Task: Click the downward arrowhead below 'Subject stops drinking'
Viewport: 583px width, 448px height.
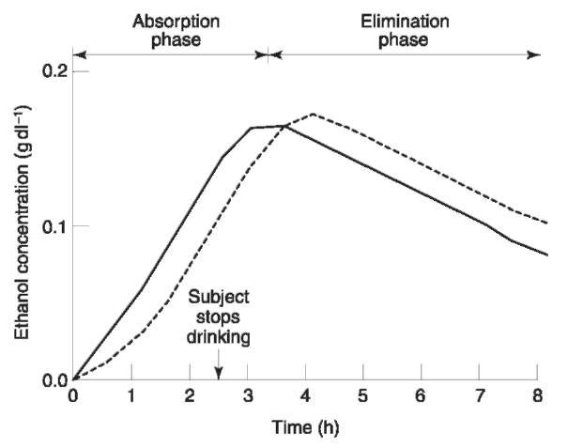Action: click(x=219, y=374)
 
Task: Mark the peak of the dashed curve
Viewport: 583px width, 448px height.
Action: click(x=312, y=115)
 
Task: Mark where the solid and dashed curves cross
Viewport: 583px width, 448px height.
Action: click(x=284, y=126)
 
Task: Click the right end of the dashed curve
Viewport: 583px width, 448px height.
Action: click(x=546, y=224)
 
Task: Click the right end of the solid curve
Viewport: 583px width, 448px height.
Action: click(x=546, y=255)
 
